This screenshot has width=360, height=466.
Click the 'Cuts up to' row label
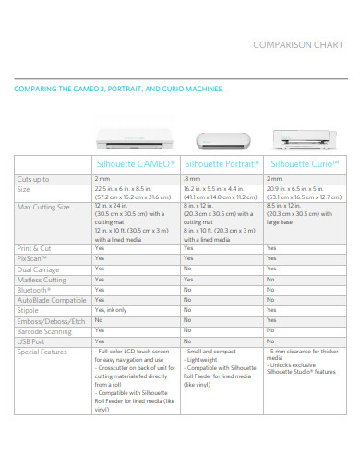coord(34,178)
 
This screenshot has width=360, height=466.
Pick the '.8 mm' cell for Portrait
coord(191,178)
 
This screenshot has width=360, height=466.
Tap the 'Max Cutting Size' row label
coord(43,208)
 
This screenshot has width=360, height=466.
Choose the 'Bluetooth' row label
coord(34,289)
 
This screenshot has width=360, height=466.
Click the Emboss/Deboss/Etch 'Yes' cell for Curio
coord(270,319)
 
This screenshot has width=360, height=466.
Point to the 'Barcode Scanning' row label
coord(43,329)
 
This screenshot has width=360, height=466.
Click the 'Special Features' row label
coord(42,351)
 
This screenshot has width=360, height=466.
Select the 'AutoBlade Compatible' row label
coord(51,299)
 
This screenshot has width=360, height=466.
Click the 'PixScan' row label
coord(32,258)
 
